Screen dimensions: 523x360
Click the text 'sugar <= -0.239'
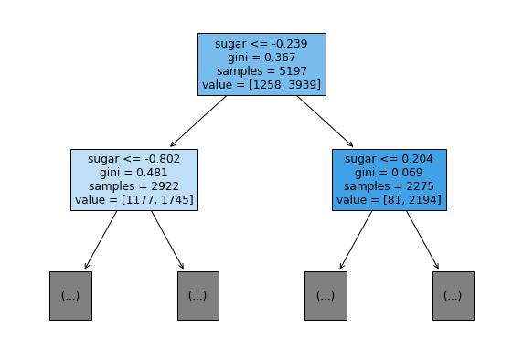point(261,44)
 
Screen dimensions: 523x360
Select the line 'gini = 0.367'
point(261,58)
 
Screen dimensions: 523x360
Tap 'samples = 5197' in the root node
point(261,71)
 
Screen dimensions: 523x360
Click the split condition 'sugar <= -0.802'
point(134,159)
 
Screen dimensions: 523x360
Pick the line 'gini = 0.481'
point(133,173)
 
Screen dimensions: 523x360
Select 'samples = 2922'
point(134,186)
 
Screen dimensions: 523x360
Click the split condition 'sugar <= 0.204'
point(389,159)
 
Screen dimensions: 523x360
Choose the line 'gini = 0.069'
point(389,173)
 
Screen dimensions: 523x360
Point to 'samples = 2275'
point(389,186)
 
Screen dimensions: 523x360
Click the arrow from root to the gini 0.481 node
point(198,121)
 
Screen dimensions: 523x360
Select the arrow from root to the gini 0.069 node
point(325,121)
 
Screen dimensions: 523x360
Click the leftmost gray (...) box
point(70,296)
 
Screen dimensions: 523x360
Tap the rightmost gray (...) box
point(454,296)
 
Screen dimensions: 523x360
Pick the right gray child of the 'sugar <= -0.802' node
point(198,296)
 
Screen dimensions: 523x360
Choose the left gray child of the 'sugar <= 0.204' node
point(326,296)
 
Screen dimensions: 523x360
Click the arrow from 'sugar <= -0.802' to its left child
point(101,239)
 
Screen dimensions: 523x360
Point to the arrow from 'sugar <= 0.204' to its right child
point(422,239)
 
